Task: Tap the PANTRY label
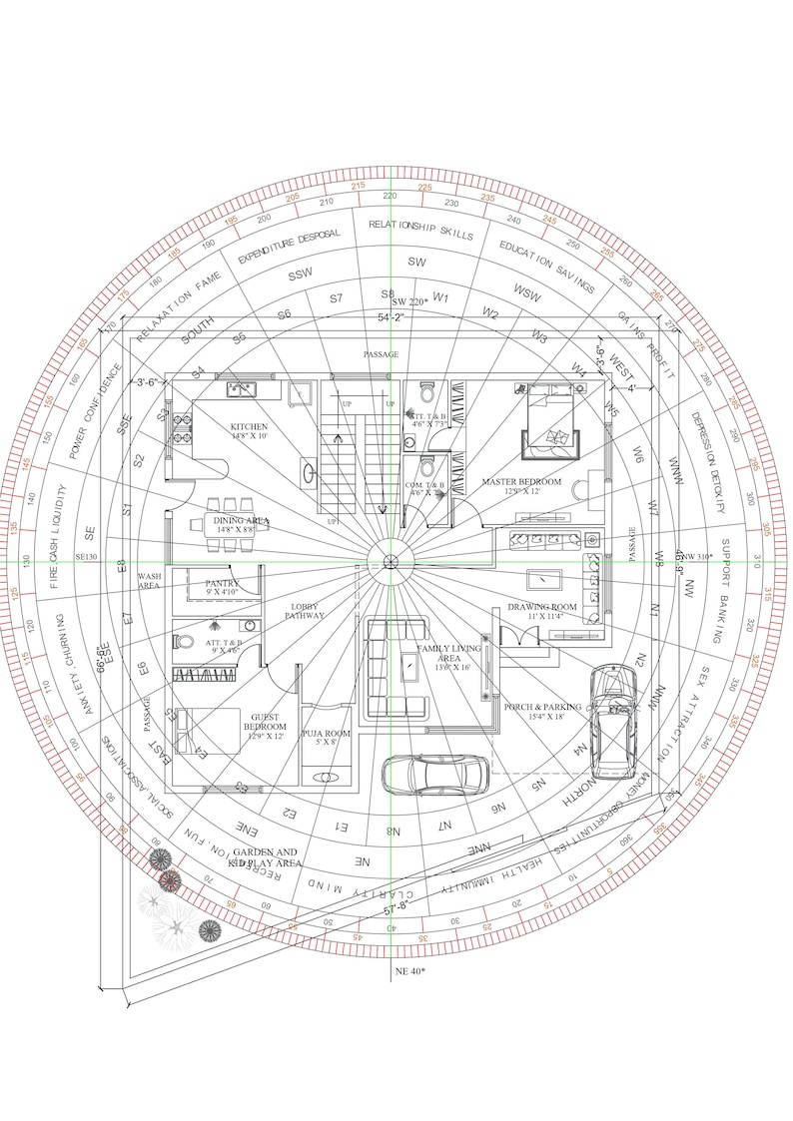point(223,587)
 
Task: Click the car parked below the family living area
point(435,774)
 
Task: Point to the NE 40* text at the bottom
point(409,970)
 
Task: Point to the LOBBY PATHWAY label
point(308,611)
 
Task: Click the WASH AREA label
point(150,581)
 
